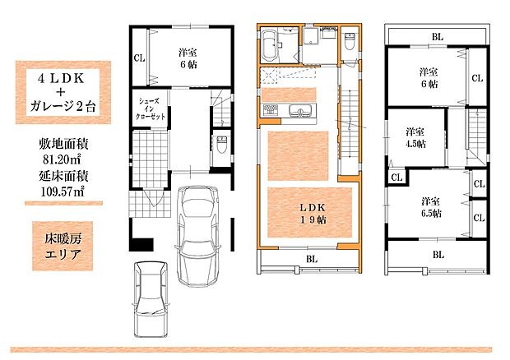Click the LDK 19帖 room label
(x=313, y=214)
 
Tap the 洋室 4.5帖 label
(x=415, y=138)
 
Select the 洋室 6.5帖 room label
(x=431, y=207)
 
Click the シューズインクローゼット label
(x=150, y=108)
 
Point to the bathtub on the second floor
(x=269, y=46)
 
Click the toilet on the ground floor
(x=221, y=145)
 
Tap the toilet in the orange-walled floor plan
(x=350, y=41)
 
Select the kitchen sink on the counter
(x=302, y=110)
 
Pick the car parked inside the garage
(x=196, y=236)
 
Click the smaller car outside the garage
(x=151, y=299)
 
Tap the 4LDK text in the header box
(x=61, y=79)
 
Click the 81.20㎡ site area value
(x=62, y=159)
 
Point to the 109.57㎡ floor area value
(x=63, y=192)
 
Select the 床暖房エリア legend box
(x=63, y=247)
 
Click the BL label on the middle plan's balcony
(x=312, y=259)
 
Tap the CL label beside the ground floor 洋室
(x=139, y=58)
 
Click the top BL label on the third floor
(x=438, y=37)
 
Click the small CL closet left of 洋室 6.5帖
(x=396, y=178)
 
